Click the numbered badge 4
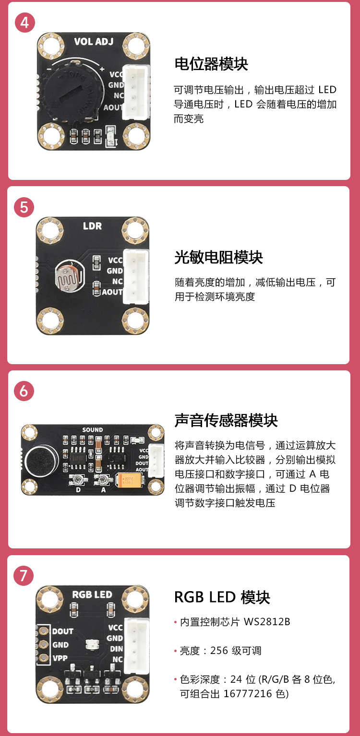tap(24, 22)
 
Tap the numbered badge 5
tap(24, 207)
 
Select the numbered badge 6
tap(24, 391)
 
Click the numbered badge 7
tap(24, 575)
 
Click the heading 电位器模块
tap(211, 64)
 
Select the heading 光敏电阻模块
tap(218, 258)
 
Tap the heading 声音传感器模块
tap(226, 420)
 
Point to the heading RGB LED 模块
tap(222, 598)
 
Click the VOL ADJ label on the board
tap(94, 41)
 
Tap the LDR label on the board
tap(92, 226)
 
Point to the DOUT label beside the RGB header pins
tap(62, 631)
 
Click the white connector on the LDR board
tap(135, 277)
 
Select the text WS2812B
tap(267, 622)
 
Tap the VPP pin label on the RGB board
tap(60, 658)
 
